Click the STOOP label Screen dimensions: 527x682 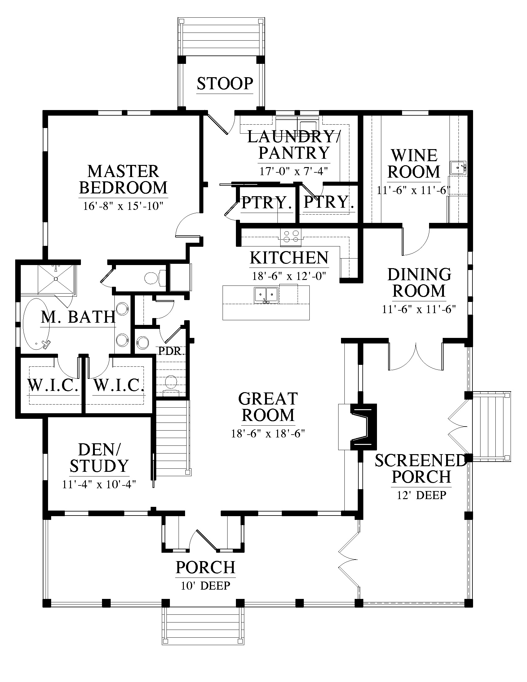[225, 83]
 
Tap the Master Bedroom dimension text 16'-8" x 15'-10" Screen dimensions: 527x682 [123, 206]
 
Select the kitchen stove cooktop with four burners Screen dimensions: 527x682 [290, 236]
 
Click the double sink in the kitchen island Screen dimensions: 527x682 [266, 295]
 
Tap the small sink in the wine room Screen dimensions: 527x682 [458, 168]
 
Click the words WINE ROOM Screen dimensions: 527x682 [414, 164]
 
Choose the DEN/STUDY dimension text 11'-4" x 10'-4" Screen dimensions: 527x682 [99, 484]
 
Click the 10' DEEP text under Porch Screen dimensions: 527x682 [206, 586]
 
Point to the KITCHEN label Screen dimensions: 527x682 [289, 258]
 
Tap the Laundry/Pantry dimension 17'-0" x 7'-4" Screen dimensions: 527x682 [294, 171]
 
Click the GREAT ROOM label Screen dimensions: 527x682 [268, 407]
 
